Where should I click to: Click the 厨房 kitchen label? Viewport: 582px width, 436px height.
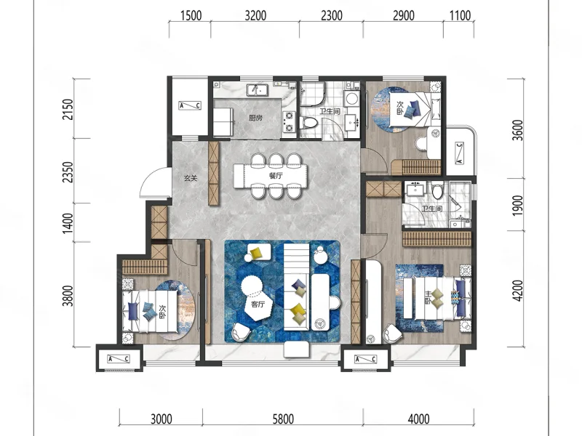click(x=255, y=118)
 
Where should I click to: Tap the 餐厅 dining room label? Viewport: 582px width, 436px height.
click(x=276, y=176)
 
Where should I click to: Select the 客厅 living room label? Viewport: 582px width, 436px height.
click(x=258, y=304)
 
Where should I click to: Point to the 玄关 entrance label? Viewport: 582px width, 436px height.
click(x=191, y=178)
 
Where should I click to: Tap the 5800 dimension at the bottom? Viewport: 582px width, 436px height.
click(x=283, y=419)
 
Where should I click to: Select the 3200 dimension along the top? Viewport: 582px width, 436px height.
click(x=255, y=15)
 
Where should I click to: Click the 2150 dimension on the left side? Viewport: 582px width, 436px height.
click(x=68, y=109)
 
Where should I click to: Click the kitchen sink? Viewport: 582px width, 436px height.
click(x=257, y=89)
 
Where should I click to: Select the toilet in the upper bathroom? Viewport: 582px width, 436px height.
click(x=308, y=123)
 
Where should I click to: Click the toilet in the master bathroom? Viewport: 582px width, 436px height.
click(x=438, y=190)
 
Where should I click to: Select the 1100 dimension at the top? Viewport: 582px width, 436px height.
click(x=460, y=15)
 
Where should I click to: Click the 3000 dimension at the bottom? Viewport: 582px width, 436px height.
click(x=162, y=419)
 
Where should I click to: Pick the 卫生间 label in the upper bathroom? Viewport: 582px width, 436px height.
click(x=330, y=111)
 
